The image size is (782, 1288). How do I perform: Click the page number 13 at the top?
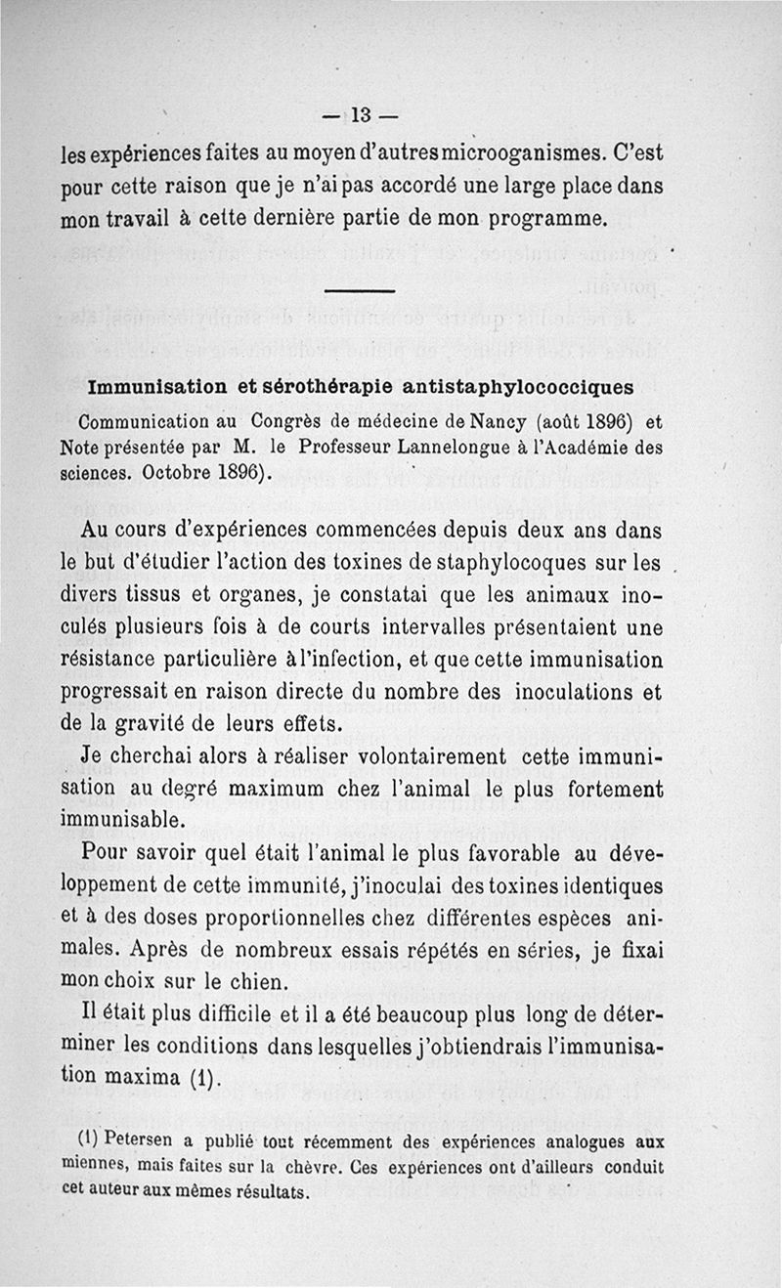tap(360, 114)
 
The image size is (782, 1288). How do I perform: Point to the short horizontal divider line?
tap(359, 291)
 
